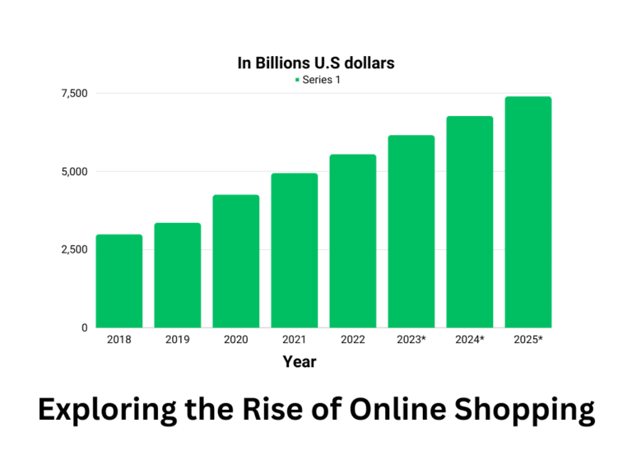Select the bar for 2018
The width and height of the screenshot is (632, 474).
(119, 281)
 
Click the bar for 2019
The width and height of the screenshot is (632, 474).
(178, 276)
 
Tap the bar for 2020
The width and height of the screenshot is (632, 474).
(236, 262)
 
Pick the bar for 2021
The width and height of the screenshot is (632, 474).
(295, 251)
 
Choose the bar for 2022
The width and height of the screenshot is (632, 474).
(353, 241)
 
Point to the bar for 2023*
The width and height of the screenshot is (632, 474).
(411, 231)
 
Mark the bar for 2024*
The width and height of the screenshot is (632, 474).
(470, 222)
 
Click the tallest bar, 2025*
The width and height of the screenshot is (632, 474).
(528, 212)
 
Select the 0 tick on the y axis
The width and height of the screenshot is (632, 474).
(83, 328)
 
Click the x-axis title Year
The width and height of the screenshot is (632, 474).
(300, 361)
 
